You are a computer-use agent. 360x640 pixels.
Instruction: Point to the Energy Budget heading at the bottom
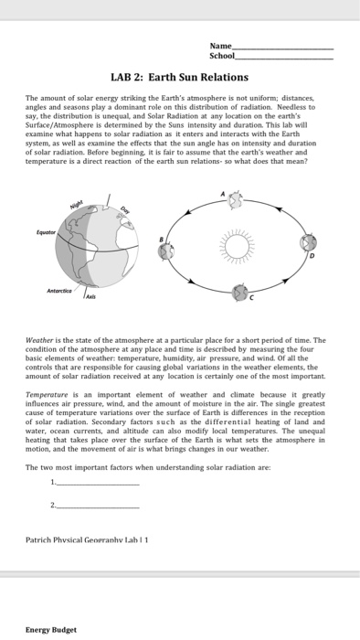click(51, 629)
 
